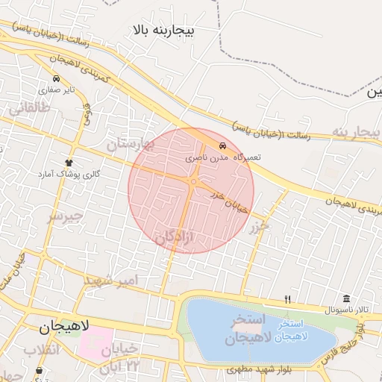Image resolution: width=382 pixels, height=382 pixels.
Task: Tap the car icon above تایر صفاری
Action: [56, 78]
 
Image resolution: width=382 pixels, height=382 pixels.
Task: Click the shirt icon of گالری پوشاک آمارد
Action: [69, 162]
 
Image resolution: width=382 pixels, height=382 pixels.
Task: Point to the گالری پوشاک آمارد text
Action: [69, 174]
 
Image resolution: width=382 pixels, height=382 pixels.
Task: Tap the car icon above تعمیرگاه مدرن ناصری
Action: [222, 145]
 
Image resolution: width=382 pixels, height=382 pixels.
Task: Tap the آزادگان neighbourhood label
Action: [173, 237]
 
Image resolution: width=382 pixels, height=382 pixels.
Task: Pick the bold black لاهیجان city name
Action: [63, 326]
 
